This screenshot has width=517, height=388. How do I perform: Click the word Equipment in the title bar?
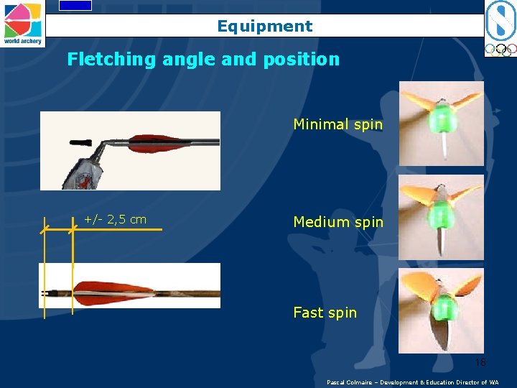(x=265, y=27)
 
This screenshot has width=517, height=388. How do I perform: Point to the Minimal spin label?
(x=337, y=124)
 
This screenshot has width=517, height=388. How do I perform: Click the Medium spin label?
(x=338, y=222)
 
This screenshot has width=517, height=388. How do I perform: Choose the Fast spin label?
(x=325, y=313)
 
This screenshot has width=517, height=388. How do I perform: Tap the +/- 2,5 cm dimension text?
(x=115, y=220)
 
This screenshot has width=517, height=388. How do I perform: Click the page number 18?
(x=480, y=362)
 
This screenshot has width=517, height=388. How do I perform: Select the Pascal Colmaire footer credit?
(x=412, y=382)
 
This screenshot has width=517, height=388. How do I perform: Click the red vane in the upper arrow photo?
(x=158, y=142)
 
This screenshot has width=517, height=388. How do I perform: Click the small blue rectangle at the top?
(x=75, y=5)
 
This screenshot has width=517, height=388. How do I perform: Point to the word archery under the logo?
(x=32, y=42)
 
